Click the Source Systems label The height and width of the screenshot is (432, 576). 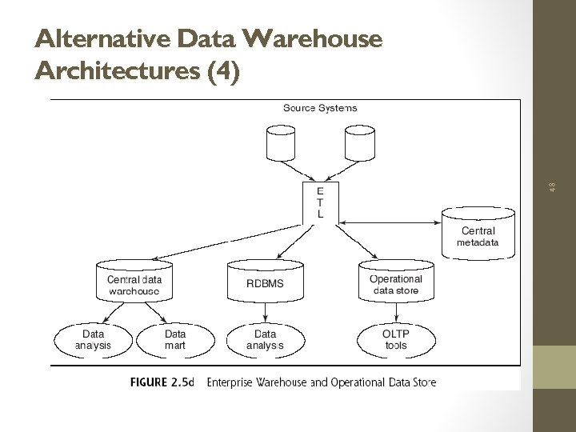[x=320, y=108]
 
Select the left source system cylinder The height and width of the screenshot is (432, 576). [x=280, y=145]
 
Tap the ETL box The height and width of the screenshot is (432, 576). [x=321, y=202]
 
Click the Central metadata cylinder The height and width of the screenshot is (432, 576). [x=478, y=233]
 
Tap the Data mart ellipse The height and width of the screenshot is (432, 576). [x=175, y=340]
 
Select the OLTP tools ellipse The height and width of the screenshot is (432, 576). [x=395, y=340]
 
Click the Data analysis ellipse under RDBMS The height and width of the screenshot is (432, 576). [x=265, y=340]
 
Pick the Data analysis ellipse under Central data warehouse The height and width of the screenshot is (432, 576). [x=93, y=340]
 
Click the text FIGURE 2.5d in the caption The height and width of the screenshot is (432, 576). [x=162, y=382]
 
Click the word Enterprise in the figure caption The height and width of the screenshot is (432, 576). [x=232, y=382]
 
